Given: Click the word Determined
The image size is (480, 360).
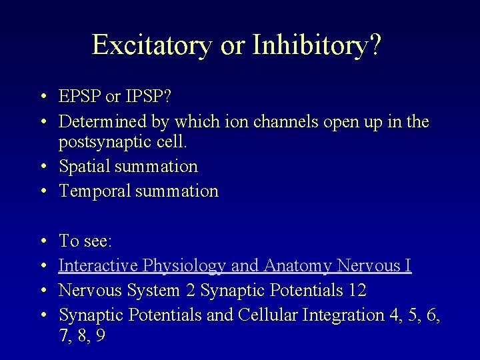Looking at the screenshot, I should pyautogui.click(x=100, y=122).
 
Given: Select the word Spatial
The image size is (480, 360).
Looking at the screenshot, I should pyautogui.click(x=82, y=167).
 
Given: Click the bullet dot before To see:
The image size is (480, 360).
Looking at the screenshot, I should pyautogui.click(x=42, y=241).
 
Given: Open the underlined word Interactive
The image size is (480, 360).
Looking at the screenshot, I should pyautogui.click(x=94, y=265).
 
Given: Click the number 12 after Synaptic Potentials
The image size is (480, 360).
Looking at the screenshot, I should pyautogui.click(x=357, y=290).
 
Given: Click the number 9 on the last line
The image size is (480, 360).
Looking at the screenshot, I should pyautogui.click(x=100, y=335).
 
